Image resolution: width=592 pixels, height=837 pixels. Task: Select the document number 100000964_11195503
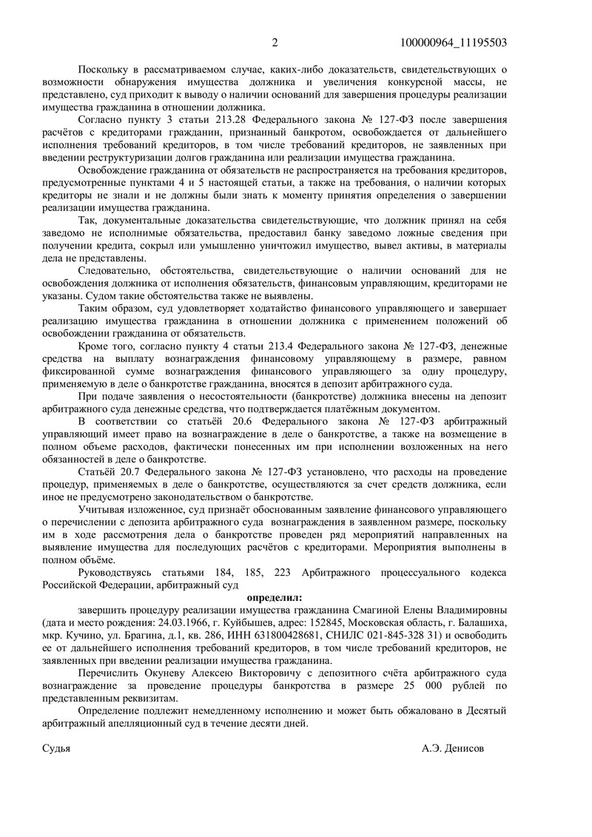pos(453,42)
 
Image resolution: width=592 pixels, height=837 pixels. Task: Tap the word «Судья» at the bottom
pos(56,748)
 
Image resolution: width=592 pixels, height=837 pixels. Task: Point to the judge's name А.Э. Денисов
pos(453,748)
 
